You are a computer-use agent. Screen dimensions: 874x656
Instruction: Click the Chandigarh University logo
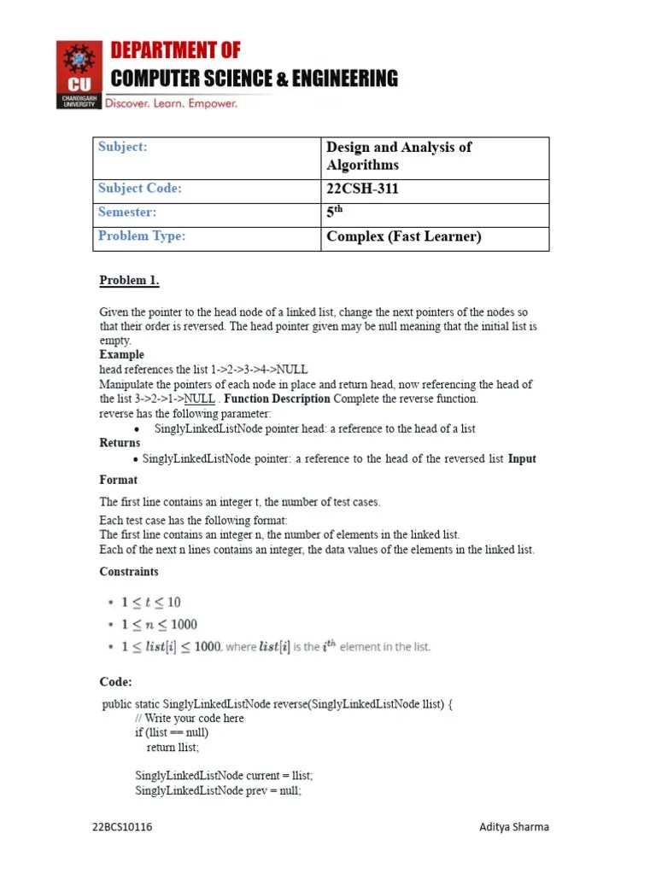click(x=79, y=74)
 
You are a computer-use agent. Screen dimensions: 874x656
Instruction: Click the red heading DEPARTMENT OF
click(x=176, y=50)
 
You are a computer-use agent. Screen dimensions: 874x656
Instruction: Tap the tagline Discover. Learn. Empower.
click(x=171, y=102)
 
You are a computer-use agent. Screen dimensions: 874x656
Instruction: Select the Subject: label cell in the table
click(x=123, y=147)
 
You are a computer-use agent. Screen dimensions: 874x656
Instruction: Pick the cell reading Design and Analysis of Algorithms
click(x=398, y=156)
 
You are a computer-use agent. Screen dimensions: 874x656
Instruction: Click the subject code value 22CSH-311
click(x=362, y=189)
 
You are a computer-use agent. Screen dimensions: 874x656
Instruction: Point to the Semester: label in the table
click(x=127, y=212)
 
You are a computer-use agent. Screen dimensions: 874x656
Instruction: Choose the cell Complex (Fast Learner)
click(x=403, y=236)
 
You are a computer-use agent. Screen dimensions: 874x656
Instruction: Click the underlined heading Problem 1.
click(x=129, y=281)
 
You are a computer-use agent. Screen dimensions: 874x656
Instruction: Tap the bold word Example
click(x=121, y=354)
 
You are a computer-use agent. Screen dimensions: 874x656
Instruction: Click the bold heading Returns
click(x=120, y=443)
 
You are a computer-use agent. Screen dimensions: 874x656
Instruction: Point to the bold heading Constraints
click(x=128, y=572)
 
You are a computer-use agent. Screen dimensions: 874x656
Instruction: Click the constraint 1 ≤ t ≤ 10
click(x=150, y=603)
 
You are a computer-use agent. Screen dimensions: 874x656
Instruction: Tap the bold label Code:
click(x=115, y=682)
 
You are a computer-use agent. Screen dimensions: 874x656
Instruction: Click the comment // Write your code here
click(x=189, y=718)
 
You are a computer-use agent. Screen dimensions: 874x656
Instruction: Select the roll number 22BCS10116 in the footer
click(x=123, y=827)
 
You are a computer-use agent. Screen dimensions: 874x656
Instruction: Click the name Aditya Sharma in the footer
click(x=513, y=827)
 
